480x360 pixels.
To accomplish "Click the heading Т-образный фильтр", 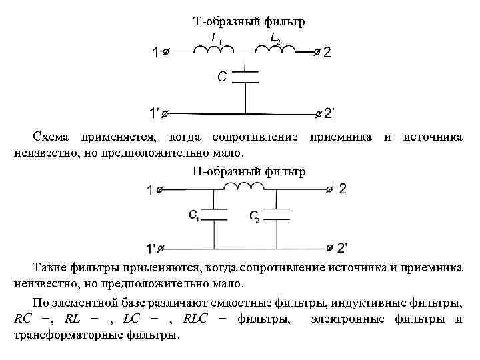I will coord(249,22).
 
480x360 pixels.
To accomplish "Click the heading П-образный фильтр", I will coord(249,172).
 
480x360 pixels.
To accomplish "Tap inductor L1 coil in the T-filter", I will coord(214,49).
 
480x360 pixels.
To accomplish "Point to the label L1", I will coord(216,39).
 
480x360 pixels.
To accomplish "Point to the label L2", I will coord(275,39).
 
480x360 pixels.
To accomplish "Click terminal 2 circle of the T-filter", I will coord(317,51).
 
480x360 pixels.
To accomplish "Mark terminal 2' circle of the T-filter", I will coord(317,113).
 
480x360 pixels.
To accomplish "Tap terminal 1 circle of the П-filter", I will coord(161,190).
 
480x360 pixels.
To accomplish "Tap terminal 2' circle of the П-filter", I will coord(329,247).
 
